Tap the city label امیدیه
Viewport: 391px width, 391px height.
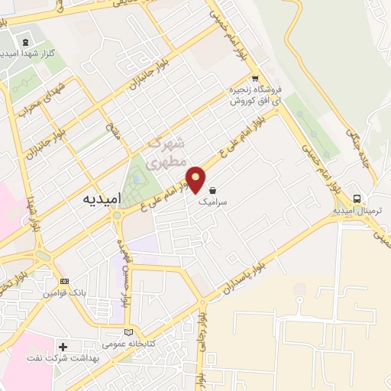(x=100, y=197)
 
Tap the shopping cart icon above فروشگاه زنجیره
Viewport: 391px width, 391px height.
(x=254, y=79)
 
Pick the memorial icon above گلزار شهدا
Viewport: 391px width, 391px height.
(x=27, y=41)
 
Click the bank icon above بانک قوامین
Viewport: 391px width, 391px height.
(x=63, y=281)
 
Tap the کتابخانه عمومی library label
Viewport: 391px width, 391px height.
(x=128, y=344)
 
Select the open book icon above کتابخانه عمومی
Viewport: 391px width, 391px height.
(x=128, y=332)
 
